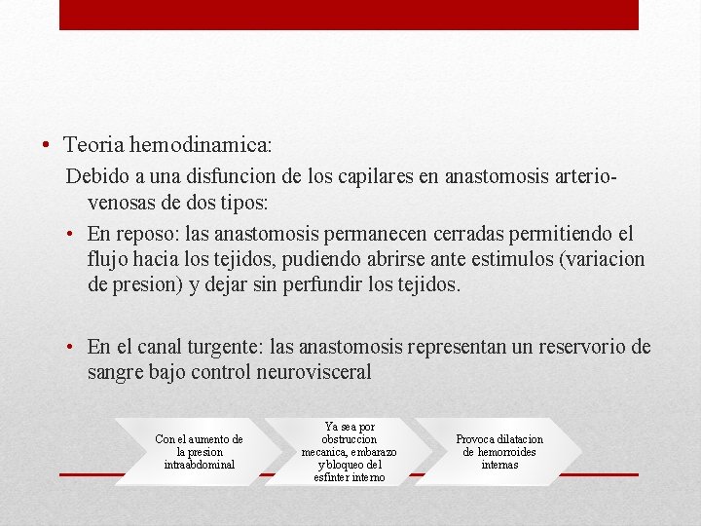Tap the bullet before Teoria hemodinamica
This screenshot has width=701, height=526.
pos(47,145)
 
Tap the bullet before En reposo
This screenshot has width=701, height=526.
pos(74,235)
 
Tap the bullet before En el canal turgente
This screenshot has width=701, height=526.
pos(74,348)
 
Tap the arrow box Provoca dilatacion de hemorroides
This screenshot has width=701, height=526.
pos(499,452)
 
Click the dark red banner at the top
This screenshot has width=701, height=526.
pos(349,14)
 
